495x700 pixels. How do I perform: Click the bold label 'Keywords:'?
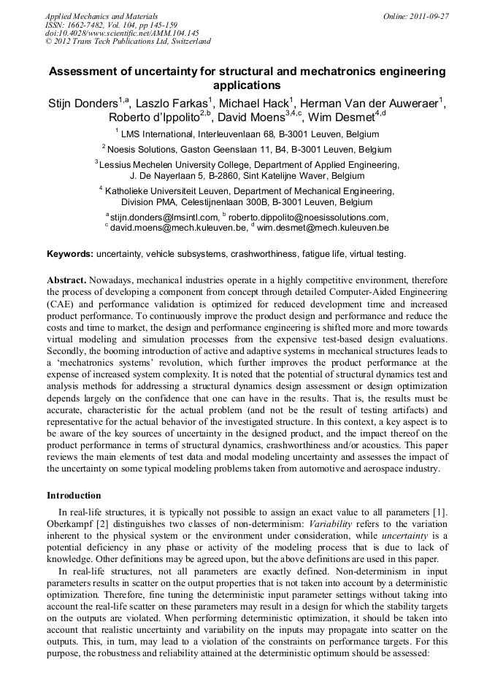70,254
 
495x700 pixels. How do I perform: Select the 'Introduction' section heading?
75,495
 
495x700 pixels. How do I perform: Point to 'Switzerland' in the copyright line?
189,42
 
